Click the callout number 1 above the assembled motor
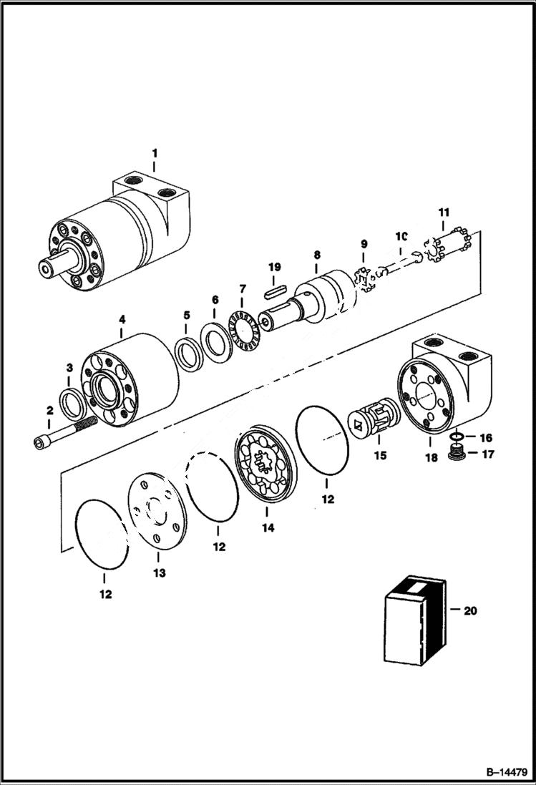click(154, 153)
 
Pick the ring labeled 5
click(189, 354)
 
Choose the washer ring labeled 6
click(215, 341)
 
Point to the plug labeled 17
click(454, 452)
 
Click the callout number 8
click(316, 255)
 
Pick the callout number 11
click(444, 213)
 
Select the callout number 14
click(266, 528)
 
